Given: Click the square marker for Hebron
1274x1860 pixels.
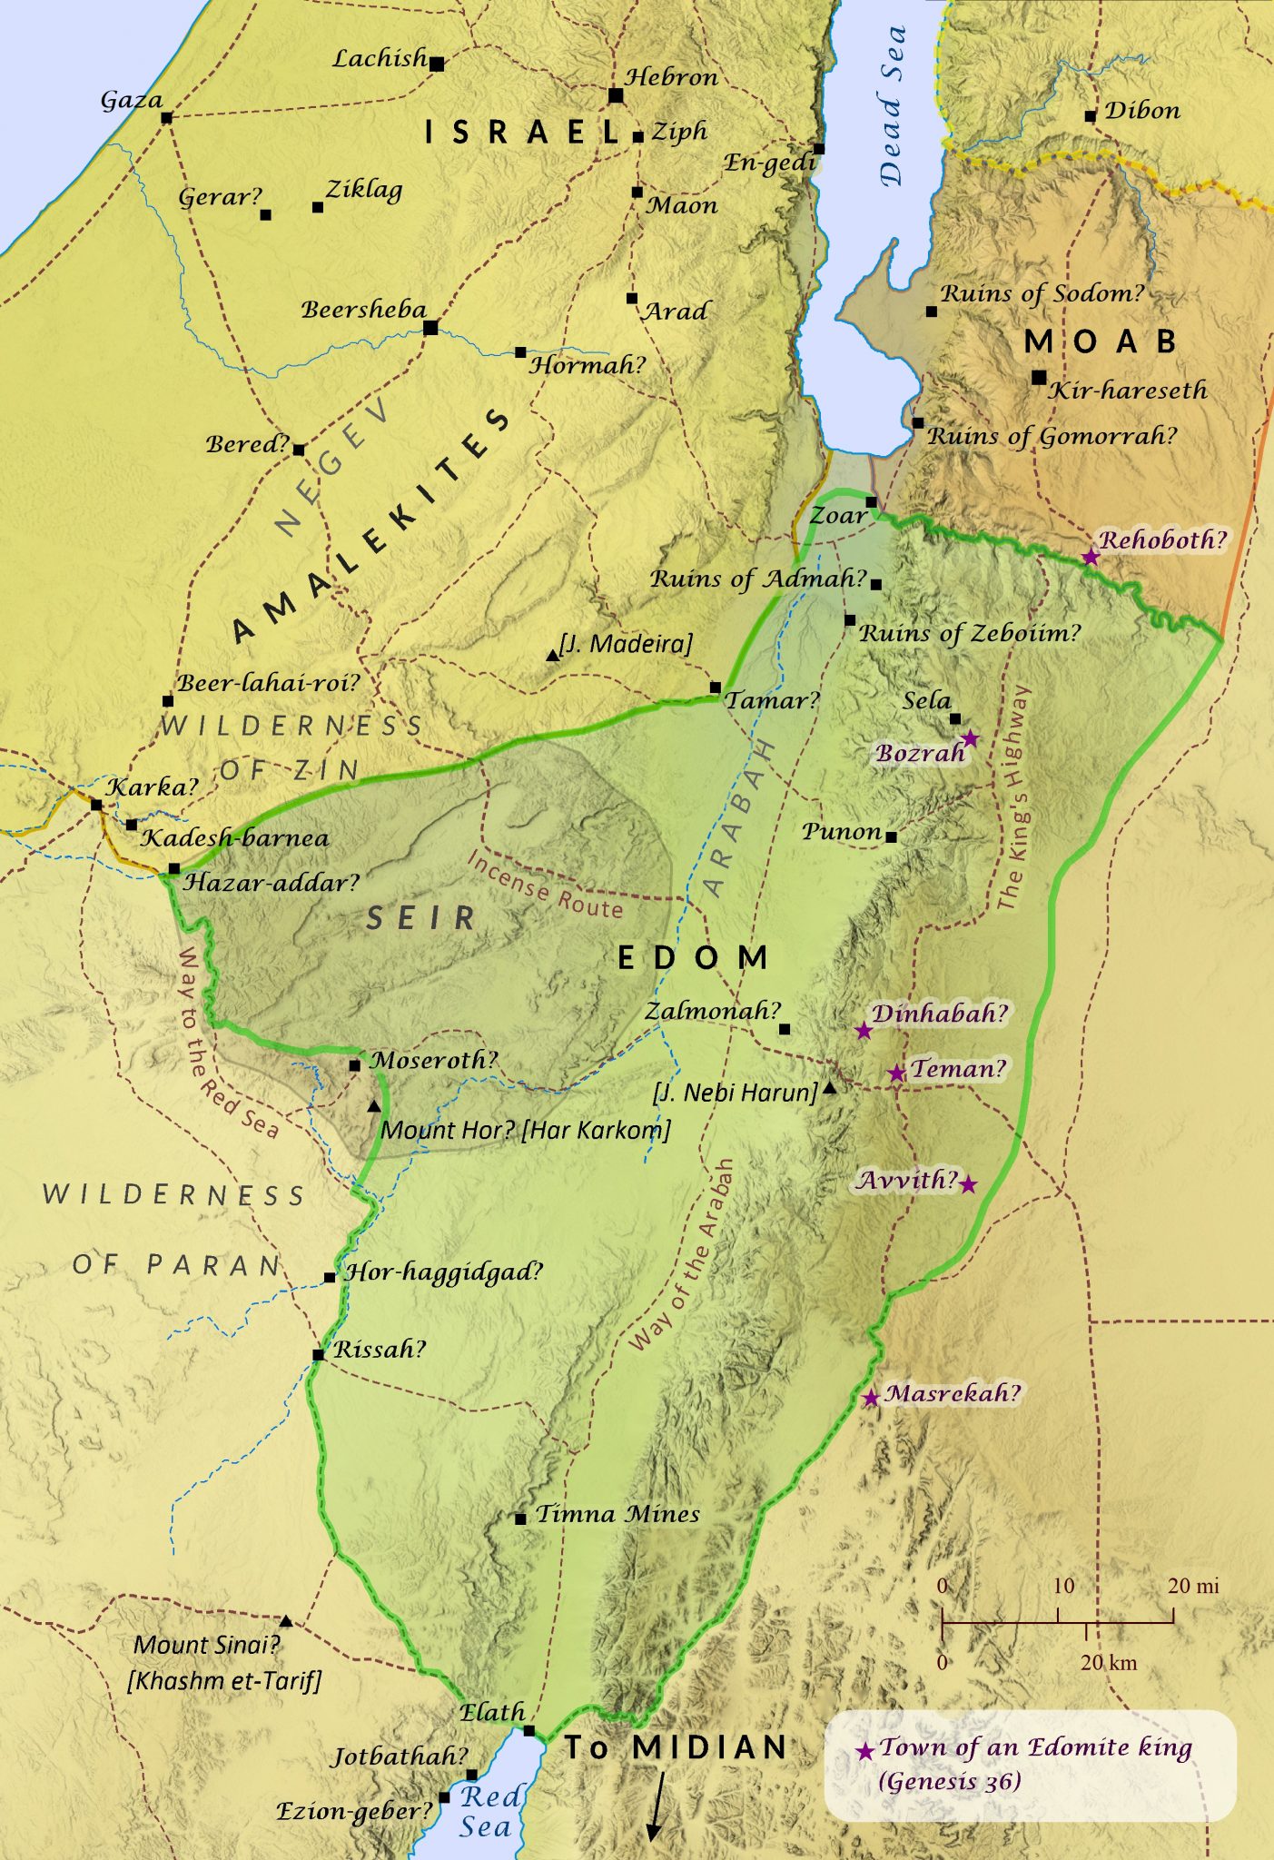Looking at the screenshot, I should pos(616,95).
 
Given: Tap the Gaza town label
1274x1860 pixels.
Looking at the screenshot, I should pos(132,100).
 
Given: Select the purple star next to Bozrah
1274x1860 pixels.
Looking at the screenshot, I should pos(970,738).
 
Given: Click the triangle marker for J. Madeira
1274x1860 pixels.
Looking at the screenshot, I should pos(552,655).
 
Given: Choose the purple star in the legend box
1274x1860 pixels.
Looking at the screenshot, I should pos(865,1751).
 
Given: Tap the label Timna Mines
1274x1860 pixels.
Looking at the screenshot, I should pos(617,1514).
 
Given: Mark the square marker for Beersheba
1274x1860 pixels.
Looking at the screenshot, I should pos(430,327).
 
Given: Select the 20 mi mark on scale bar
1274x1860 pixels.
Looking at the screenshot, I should pos(1172,1614).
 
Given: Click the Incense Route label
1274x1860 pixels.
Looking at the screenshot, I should pos(545,885).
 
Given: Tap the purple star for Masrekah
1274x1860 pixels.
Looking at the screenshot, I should pos(871,1398).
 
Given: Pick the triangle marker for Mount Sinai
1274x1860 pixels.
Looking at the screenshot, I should pos(285,1621).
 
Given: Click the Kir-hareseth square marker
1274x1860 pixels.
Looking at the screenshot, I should pos(1039,377).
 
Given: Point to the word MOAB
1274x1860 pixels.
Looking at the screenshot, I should pos(1101,341).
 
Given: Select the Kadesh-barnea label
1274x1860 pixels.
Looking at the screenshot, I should pos(234,838).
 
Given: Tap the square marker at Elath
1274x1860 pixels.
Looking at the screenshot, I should pos(528,1731).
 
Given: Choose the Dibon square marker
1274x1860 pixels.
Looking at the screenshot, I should pos(1090,116).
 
